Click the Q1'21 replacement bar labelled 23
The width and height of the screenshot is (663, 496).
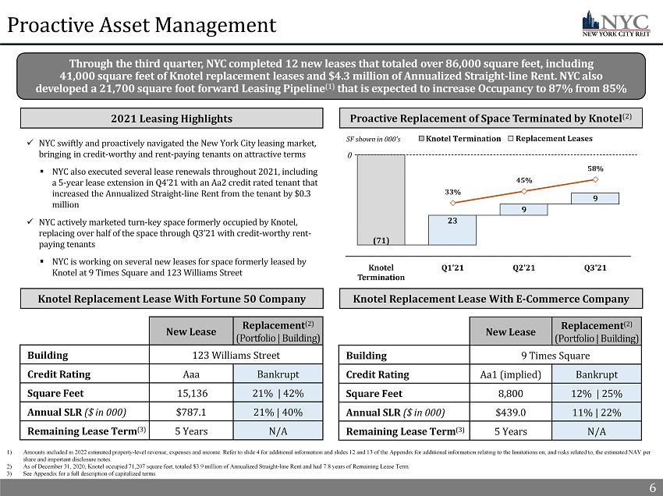452,227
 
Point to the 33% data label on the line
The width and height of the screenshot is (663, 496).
452,191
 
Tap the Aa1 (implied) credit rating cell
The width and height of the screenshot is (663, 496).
510,374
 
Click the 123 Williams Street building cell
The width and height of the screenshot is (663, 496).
235,355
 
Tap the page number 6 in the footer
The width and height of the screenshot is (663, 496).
652,487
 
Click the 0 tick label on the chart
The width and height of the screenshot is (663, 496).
350,154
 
